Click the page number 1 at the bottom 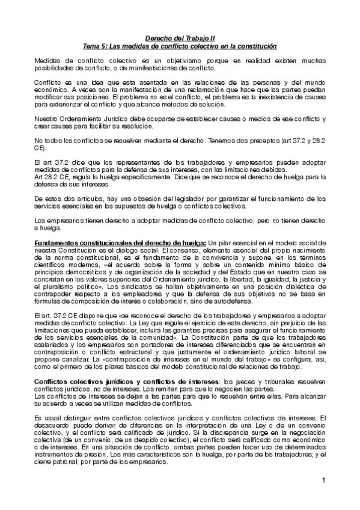(323, 481)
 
